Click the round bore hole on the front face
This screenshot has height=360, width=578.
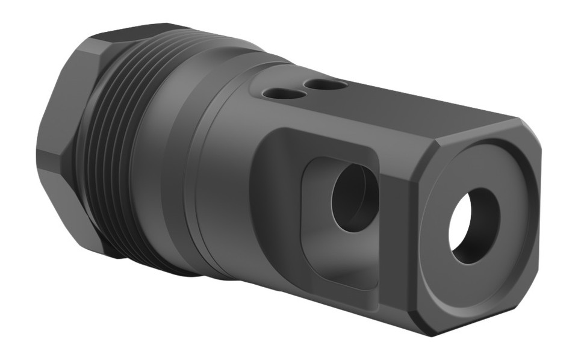pos(474,225)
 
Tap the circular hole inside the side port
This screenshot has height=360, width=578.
pos(355,197)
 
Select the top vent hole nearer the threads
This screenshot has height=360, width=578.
pos(281,94)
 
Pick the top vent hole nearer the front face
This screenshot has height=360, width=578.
pos(325,85)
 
